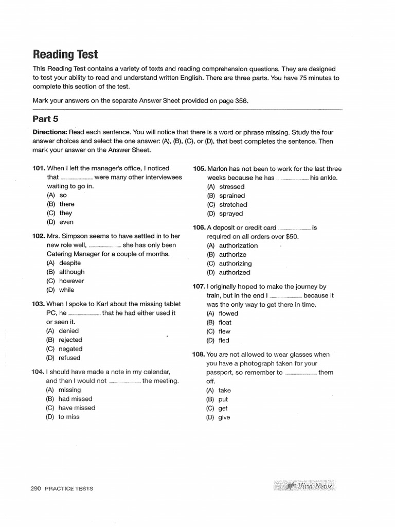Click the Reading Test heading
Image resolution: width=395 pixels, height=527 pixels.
[x=65, y=55]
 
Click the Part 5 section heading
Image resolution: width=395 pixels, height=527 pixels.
[x=46, y=119]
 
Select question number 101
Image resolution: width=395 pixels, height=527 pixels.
[x=39, y=168]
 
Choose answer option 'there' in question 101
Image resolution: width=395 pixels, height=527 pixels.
[x=66, y=204]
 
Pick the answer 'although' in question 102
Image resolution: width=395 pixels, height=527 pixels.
[x=71, y=272]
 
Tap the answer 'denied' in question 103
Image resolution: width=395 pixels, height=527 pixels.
[x=68, y=331]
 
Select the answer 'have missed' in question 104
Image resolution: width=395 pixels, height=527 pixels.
[x=77, y=408]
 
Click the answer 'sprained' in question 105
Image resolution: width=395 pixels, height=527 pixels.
[x=232, y=196]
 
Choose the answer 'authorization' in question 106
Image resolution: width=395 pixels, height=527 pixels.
[x=238, y=245]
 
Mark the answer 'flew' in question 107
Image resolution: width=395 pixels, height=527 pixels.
[x=224, y=331]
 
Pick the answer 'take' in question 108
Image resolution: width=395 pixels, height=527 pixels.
[x=224, y=390]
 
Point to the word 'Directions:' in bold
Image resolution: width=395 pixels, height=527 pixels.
[x=50, y=132]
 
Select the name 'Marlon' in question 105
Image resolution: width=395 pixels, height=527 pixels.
[x=218, y=168]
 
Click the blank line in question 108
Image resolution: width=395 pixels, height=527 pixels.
[x=300, y=373]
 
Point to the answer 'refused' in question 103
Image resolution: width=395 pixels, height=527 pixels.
[x=69, y=358]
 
